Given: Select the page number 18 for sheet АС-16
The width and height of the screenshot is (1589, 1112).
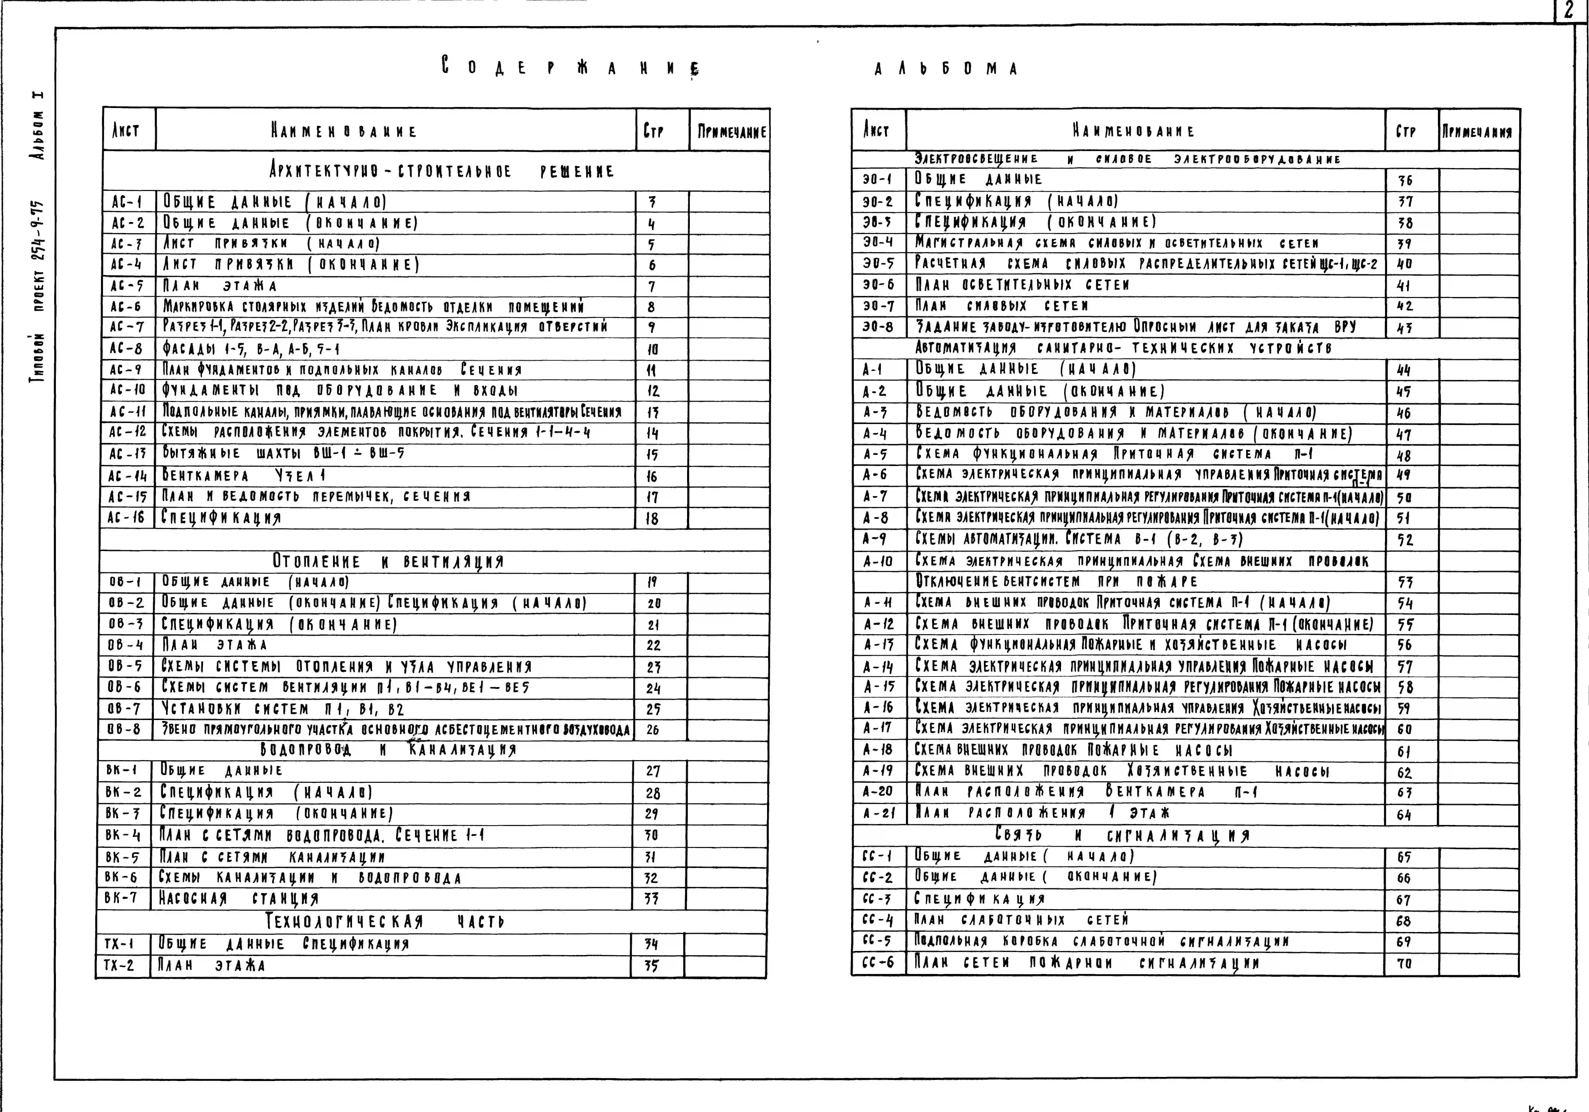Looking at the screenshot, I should tap(652, 518).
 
